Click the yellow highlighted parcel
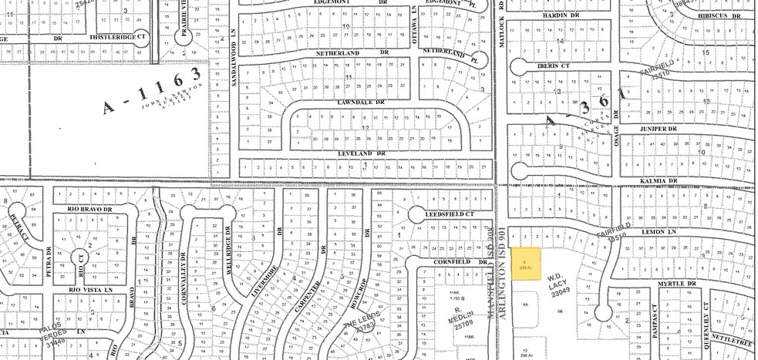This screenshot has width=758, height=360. (527, 262)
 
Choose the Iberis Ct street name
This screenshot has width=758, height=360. (547, 66)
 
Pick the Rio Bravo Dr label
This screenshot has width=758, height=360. (90, 209)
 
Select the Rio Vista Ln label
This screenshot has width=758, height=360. (90, 289)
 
